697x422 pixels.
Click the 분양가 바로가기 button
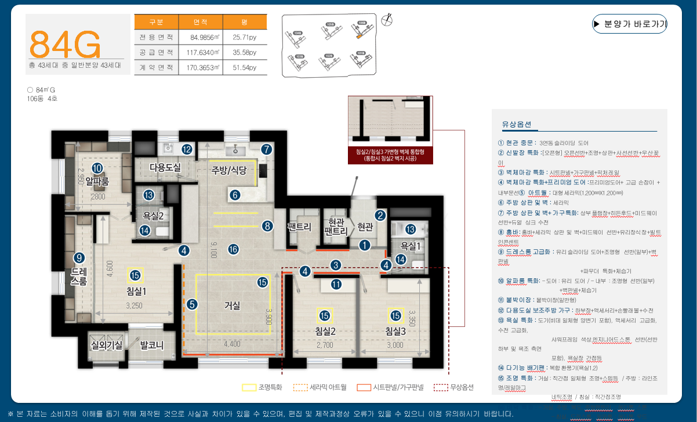pyautogui.click(x=630, y=24)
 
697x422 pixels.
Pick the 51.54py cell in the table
pyautogui.click(x=245, y=67)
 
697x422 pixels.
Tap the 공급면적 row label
pyautogui.click(x=157, y=52)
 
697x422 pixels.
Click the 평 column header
pyautogui.click(x=245, y=22)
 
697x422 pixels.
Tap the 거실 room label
pyautogui.click(x=232, y=305)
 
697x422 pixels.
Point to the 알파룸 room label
pyautogui.click(x=97, y=181)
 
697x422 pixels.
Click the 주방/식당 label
pyautogui.click(x=229, y=170)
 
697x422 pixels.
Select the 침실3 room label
pyautogui.click(x=395, y=332)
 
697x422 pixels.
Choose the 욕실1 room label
pyautogui.click(x=411, y=245)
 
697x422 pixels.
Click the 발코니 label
pyautogui.click(x=152, y=346)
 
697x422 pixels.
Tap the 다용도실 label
pyautogui.click(x=165, y=168)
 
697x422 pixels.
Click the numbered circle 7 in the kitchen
pyautogui.click(x=266, y=149)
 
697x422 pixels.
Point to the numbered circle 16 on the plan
pyautogui.click(x=233, y=249)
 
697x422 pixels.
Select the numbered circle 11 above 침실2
pyautogui.click(x=336, y=284)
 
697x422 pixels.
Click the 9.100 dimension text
pyautogui.click(x=214, y=249)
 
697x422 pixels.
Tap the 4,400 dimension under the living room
pyautogui.click(x=232, y=344)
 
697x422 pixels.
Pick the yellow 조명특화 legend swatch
pyautogui.click(x=249, y=387)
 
